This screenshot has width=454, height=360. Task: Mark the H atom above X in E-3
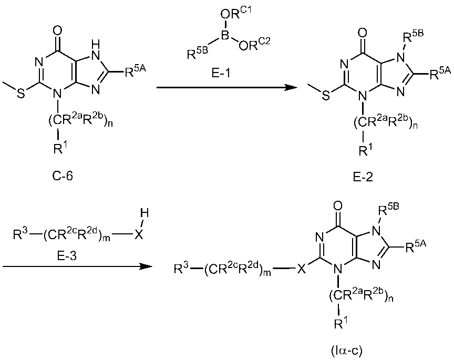[141, 213]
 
